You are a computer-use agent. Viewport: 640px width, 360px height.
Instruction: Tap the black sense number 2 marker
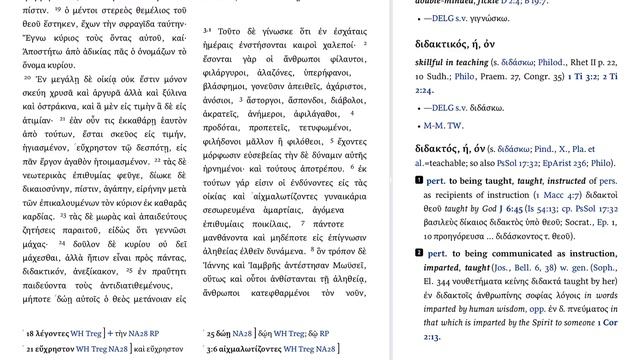tap(419, 282)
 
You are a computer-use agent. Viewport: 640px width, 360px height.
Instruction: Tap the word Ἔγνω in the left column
tap(38, 33)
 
